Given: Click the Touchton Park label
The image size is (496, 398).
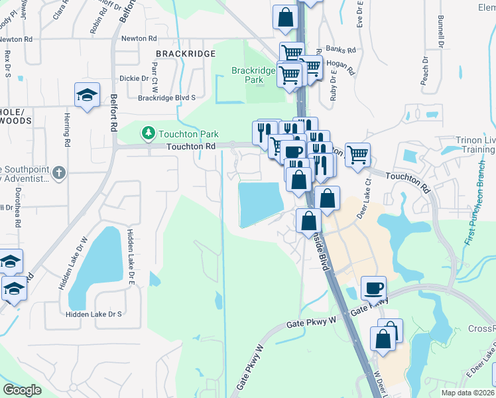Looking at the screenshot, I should click(188, 134).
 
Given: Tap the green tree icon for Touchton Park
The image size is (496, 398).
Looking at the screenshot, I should click(149, 133).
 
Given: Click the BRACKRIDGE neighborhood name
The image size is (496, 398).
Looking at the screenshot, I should click(186, 53).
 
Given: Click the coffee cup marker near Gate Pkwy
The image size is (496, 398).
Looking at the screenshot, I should click(373, 289).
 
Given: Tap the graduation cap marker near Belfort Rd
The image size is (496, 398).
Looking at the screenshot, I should click(87, 96).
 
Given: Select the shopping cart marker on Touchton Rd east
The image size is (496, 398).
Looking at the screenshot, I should click(357, 155).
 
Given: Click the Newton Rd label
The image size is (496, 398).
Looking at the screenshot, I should click(18, 39).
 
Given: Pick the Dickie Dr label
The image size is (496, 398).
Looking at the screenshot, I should click(134, 78).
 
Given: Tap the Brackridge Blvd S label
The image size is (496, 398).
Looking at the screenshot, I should click(167, 98).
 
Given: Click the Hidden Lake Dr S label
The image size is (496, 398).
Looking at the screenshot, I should click(93, 314).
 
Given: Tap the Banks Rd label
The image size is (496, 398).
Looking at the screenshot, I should click(341, 50).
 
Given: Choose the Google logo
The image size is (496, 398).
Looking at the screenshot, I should click(22, 390).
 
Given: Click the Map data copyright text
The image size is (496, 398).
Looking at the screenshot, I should click(468, 393).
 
